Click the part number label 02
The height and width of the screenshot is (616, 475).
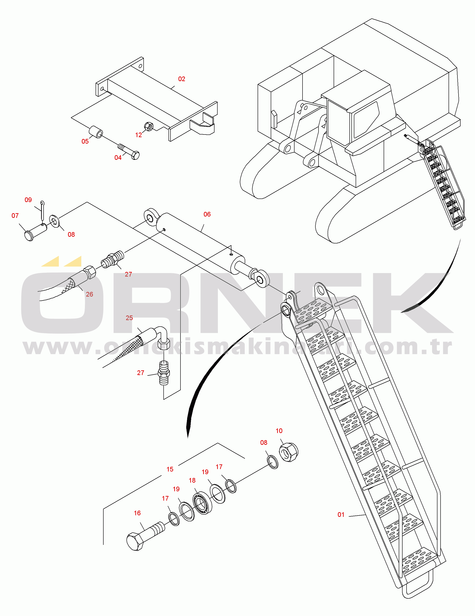point(182,79)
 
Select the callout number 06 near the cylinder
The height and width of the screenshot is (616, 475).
point(207,214)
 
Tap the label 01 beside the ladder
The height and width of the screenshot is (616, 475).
point(341,515)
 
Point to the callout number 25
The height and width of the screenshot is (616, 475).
point(129,318)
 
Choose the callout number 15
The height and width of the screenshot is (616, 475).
point(170,469)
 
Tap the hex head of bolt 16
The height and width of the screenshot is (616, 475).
point(135,542)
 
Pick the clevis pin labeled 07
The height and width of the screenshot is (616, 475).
point(36,232)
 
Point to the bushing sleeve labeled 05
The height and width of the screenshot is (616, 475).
point(96,132)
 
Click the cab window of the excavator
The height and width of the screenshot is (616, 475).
point(366,119)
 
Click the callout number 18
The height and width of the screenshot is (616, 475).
point(192,480)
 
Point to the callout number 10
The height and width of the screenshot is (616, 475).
point(279,431)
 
